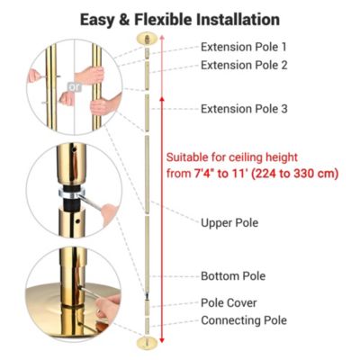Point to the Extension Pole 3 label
pos(245,109)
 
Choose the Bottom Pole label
pos(232,275)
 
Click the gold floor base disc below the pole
pos(144,343)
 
